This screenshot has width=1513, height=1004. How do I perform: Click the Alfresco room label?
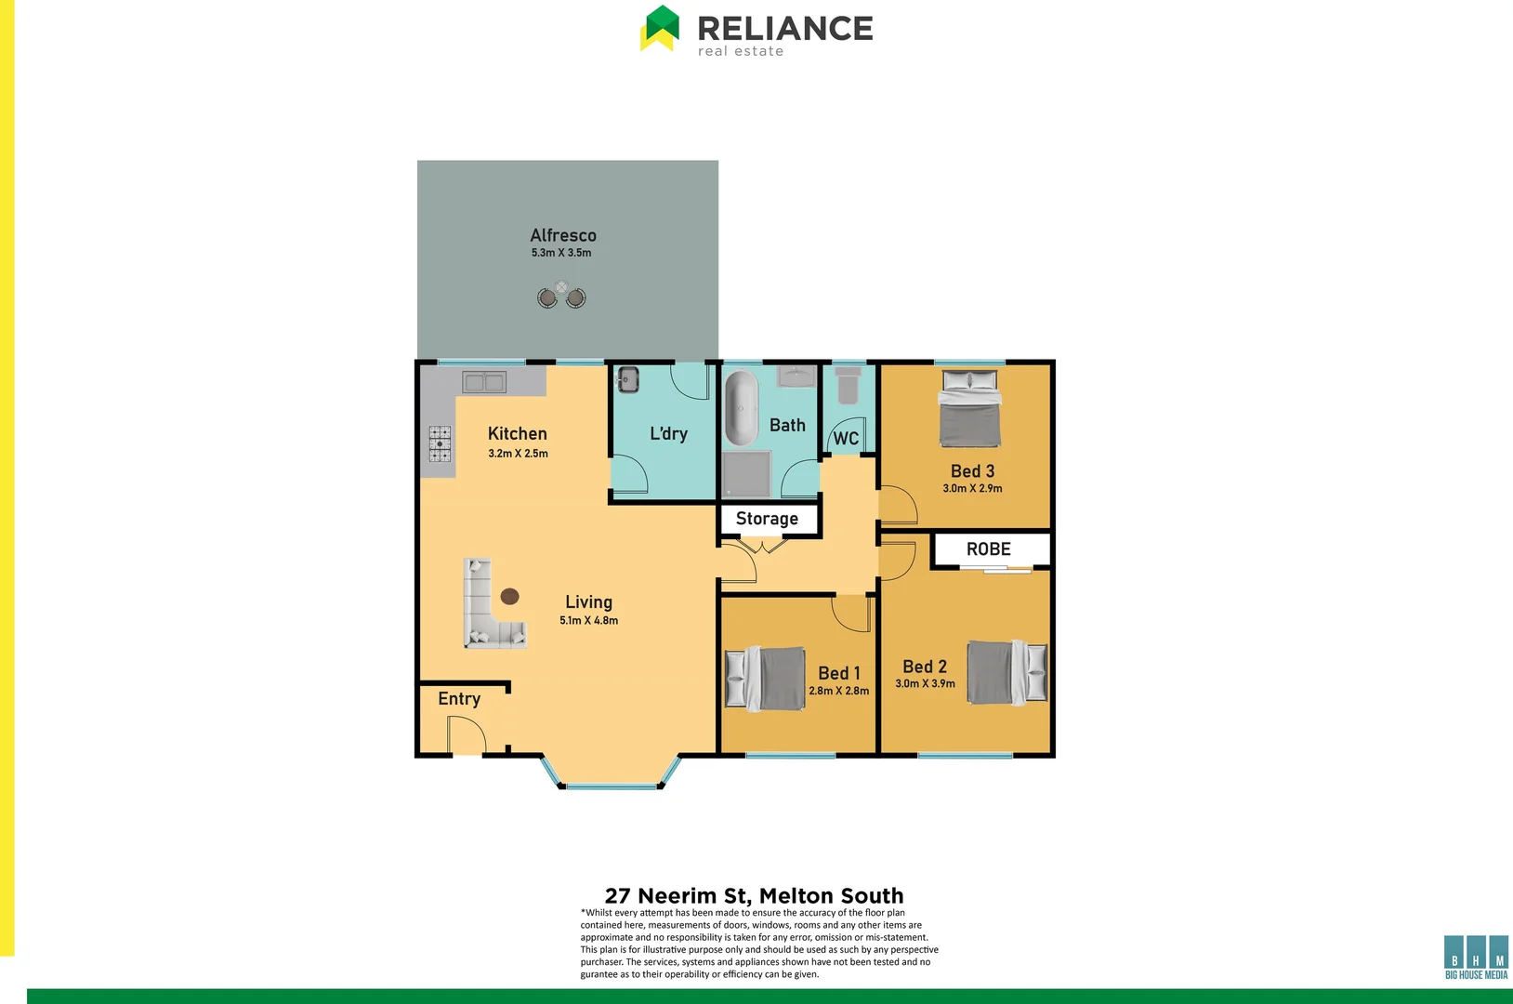click(x=563, y=235)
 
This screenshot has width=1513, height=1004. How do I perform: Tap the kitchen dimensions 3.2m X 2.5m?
click(x=518, y=454)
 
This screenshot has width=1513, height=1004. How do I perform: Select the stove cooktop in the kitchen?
click(x=440, y=443)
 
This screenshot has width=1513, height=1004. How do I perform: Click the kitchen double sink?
click(x=484, y=381)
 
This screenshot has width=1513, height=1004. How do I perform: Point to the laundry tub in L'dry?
click(x=628, y=379)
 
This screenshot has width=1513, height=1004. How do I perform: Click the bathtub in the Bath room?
click(x=741, y=409)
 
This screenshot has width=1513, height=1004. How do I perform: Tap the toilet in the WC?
click(x=848, y=385)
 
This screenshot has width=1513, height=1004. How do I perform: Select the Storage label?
click(x=767, y=519)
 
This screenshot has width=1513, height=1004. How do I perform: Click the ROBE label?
click(x=988, y=549)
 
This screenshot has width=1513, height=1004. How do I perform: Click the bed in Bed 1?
click(x=765, y=678)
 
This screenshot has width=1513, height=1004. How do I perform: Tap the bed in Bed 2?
click(x=1007, y=671)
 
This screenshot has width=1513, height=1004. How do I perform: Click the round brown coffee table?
click(x=509, y=597)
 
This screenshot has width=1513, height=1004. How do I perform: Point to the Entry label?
click(x=459, y=699)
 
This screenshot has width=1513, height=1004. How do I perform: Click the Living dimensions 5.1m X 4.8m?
click(x=588, y=621)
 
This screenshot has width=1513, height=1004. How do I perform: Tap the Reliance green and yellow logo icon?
click(x=661, y=28)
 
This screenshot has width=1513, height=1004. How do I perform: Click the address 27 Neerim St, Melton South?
click(x=754, y=895)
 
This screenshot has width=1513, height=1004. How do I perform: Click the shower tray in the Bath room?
click(x=747, y=474)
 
